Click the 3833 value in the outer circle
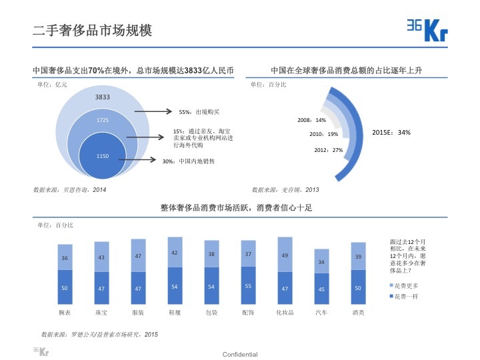[102, 97]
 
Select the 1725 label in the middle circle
[102, 120]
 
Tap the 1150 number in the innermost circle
[102, 156]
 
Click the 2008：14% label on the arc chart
[311, 120]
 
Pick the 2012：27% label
[328, 150]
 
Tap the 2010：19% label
[323, 134]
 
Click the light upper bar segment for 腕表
[65, 257]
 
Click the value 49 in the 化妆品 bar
[285, 255]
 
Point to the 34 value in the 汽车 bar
[321, 261]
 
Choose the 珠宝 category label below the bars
[101, 312]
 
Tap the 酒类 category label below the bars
[358, 312]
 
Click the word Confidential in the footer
[240, 354]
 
